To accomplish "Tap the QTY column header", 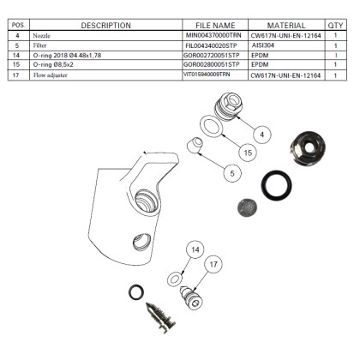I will [335, 26].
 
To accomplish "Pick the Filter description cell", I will [40, 47].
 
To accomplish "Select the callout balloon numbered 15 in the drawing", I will [248, 153].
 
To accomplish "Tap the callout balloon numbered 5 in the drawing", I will [231, 173].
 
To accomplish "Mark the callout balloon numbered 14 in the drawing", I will [195, 249].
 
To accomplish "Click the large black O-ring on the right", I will [277, 184].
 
